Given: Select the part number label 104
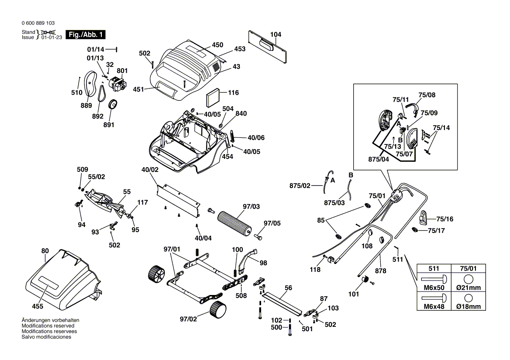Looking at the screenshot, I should point(276,34).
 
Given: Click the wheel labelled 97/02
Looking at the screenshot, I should point(219,310).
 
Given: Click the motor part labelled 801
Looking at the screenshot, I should point(117,84).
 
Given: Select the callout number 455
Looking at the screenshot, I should point(37,307).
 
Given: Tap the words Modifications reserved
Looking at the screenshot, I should point(48,326).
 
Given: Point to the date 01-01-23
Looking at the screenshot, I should point(52,38).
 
